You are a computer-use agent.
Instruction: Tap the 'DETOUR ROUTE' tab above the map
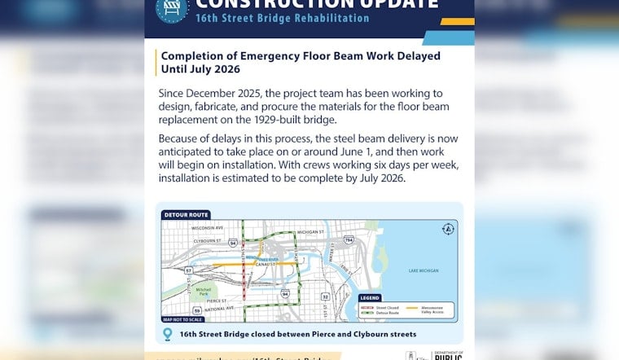point(187,215)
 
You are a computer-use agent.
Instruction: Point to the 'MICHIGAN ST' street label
point(311,232)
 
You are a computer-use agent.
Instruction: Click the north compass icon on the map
point(447,229)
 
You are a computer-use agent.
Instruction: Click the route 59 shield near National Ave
point(197,310)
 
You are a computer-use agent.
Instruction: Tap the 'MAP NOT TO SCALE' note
point(182,318)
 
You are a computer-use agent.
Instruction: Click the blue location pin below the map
point(169,334)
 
